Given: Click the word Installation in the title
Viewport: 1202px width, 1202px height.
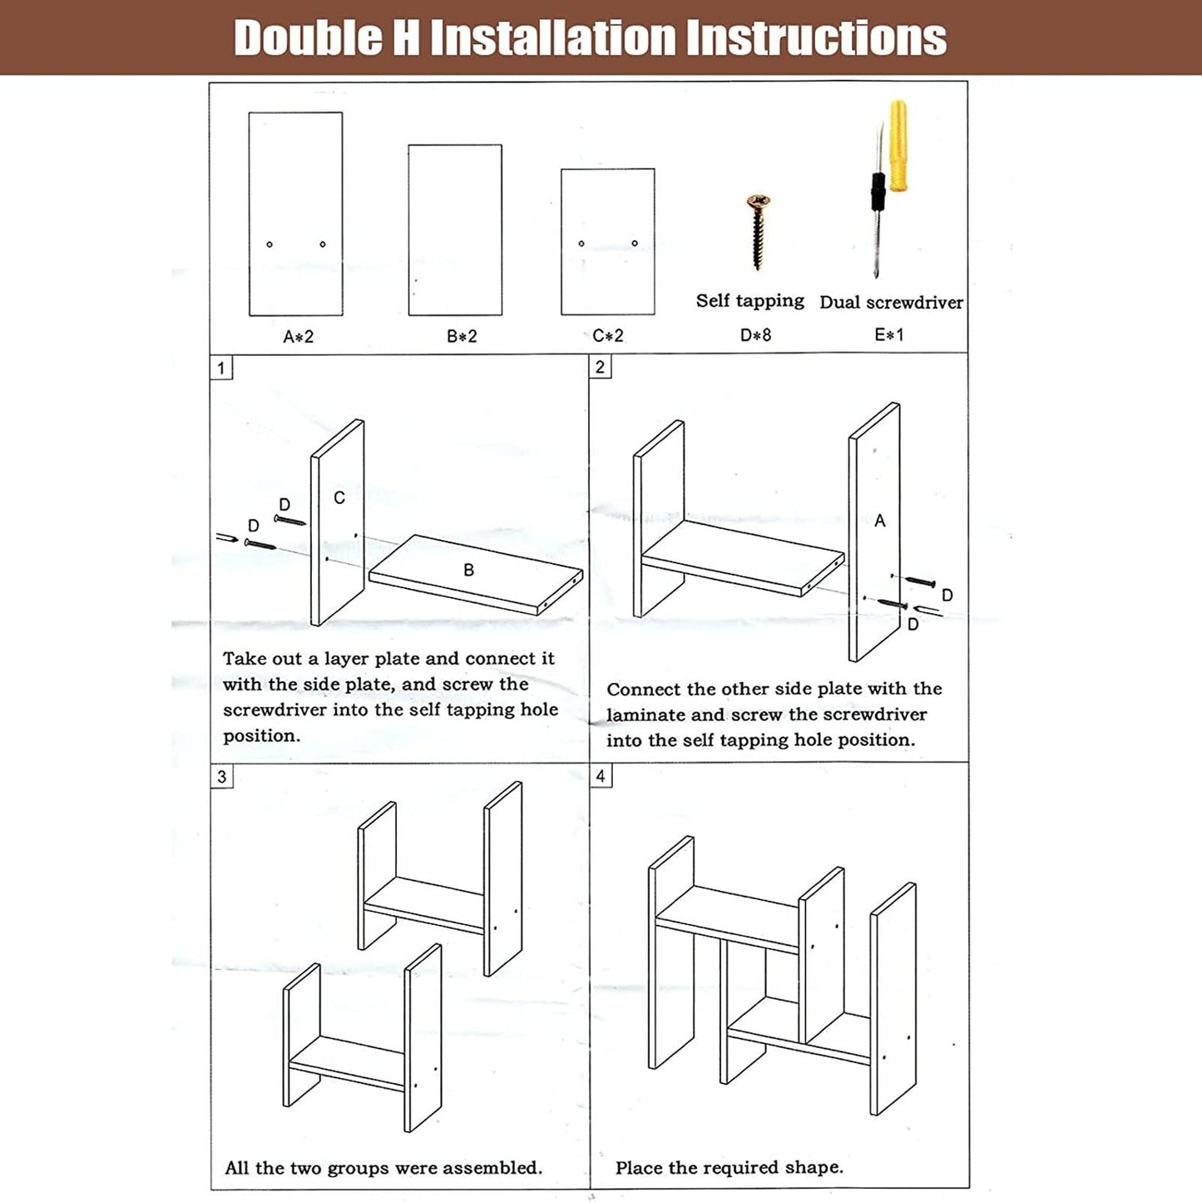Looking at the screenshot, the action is (554, 37).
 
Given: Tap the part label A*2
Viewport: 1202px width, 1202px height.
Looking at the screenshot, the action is (298, 337).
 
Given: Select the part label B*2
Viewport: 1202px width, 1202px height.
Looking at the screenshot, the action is (462, 336).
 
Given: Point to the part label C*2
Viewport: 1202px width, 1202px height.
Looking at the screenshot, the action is (607, 335).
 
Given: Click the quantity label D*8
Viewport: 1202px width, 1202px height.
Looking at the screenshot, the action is (755, 335).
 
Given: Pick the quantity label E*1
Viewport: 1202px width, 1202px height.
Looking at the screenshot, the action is (889, 334).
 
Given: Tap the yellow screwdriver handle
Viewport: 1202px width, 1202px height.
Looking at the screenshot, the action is (898, 146).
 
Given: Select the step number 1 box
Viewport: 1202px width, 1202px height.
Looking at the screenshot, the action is (220, 368).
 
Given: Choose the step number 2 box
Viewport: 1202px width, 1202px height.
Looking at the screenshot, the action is (600, 367).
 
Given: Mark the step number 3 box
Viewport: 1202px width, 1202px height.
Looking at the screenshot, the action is (221, 777).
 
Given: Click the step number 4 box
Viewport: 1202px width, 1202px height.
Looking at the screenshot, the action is (601, 776).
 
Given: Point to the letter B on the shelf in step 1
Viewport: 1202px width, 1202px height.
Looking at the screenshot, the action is (469, 570).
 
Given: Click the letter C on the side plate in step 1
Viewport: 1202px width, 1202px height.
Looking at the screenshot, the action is (339, 497).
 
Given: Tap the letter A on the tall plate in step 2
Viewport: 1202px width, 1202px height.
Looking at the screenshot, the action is (879, 520).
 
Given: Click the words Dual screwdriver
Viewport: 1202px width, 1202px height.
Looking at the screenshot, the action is (891, 303).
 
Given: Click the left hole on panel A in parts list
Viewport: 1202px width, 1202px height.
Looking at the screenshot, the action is (270, 245).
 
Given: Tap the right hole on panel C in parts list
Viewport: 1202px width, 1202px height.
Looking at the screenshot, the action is (635, 243).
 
